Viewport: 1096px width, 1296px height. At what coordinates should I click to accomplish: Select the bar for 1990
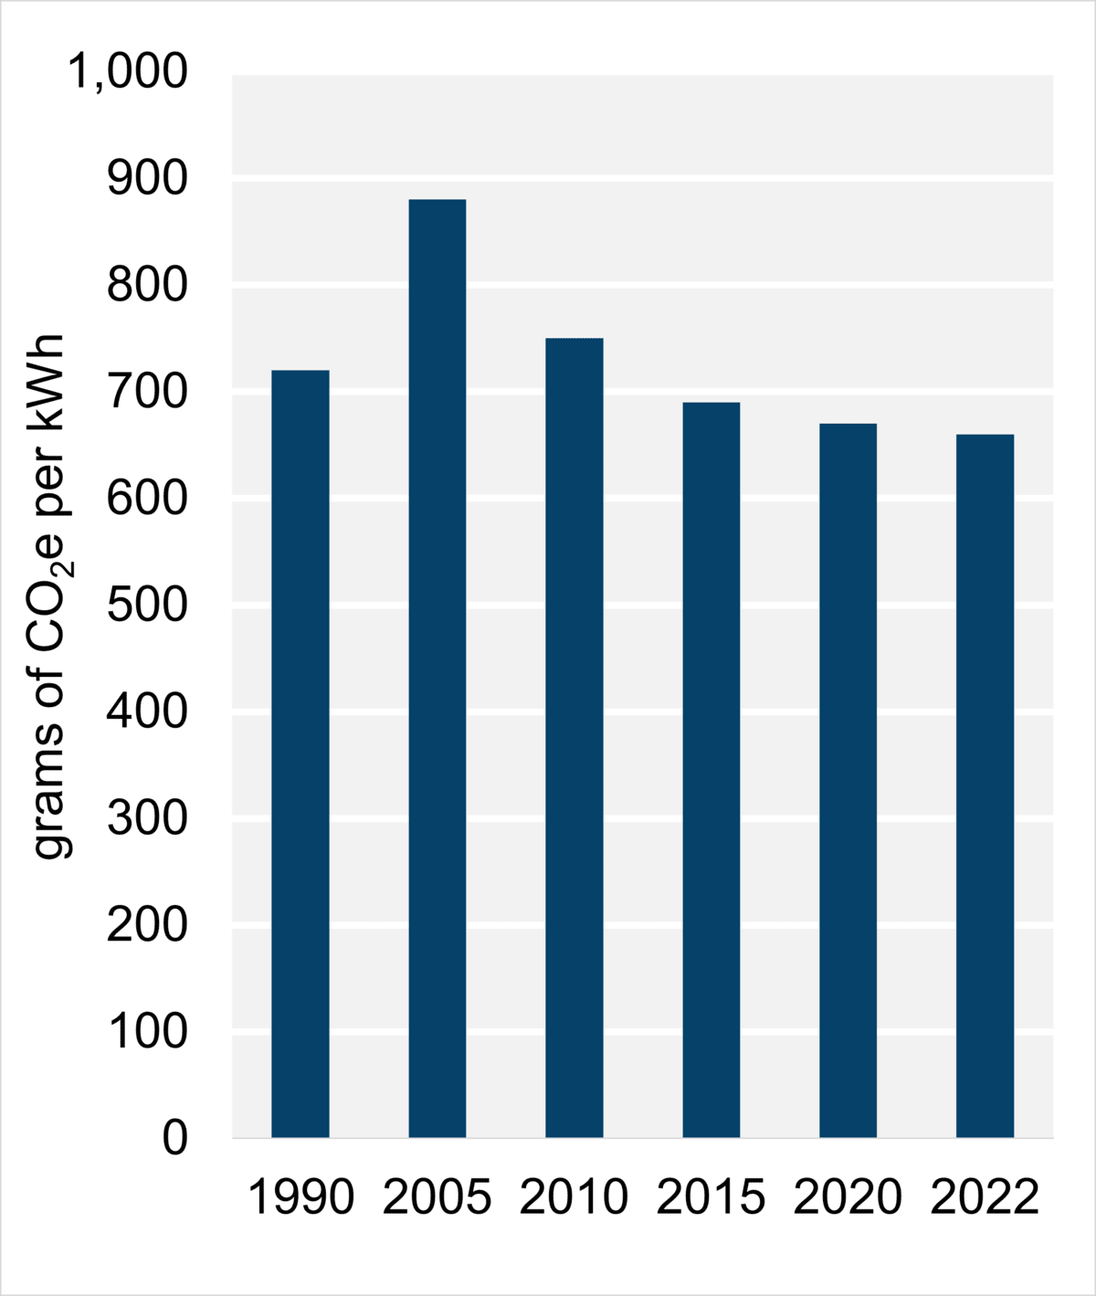pyautogui.click(x=300, y=753)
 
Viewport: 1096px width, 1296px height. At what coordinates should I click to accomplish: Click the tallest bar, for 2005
pyautogui.click(x=437, y=668)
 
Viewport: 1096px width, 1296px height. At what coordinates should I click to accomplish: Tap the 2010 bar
pyautogui.click(x=574, y=737)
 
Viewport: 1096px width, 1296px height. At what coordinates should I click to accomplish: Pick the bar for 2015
pyautogui.click(x=711, y=769)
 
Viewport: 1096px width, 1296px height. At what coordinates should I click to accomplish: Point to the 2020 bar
pyautogui.click(x=848, y=780)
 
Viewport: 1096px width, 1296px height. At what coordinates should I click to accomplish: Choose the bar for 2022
pyautogui.click(x=985, y=785)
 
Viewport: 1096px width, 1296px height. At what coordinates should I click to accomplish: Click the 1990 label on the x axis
pyautogui.click(x=300, y=1197)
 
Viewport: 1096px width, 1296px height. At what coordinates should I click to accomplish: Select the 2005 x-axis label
pyautogui.click(x=437, y=1197)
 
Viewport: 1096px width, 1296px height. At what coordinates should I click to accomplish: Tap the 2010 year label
pyautogui.click(x=574, y=1197)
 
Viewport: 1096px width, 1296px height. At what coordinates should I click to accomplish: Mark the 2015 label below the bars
pyautogui.click(x=711, y=1197)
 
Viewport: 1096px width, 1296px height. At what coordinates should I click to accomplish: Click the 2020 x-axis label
pyautogui.click(x=848, y=1197)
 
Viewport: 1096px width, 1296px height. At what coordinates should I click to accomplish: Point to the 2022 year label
pyautogui.click(x=985, y=1197)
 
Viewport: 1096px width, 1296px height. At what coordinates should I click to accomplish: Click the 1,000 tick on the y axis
pyautogui.click(x=128, y=72)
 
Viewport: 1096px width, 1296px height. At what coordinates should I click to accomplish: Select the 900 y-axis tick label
pyautogui.click(x=147, y=179)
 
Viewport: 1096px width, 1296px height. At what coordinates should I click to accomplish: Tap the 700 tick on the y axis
pyautogui.click(x=147, y=393)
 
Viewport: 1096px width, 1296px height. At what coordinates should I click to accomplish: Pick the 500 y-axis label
pyautogui.click(x=147, y=606)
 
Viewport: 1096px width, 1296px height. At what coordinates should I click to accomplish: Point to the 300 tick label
pyautogui.click(x=147, y=819)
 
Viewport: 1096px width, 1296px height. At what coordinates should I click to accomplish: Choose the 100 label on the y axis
pyautogui.click(x=147, y=1032)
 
